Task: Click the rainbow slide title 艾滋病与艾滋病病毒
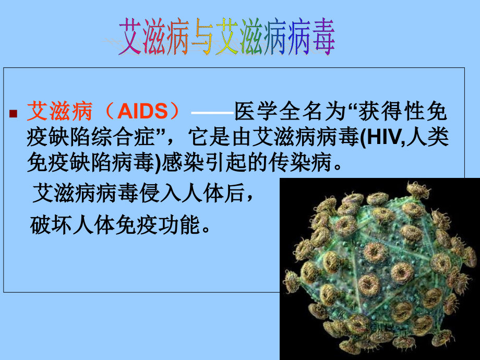(227, 38)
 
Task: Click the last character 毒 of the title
(322, 38)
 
